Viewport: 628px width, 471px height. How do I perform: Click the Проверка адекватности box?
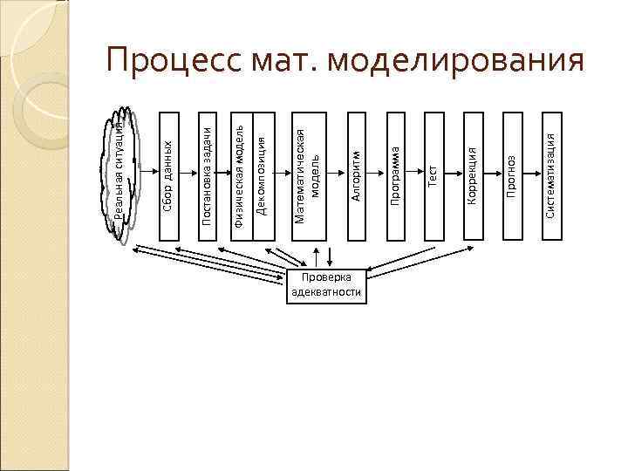[325, 285]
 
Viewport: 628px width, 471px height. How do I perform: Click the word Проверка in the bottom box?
[325, 278]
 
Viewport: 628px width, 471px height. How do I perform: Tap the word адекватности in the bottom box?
[325, 292]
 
